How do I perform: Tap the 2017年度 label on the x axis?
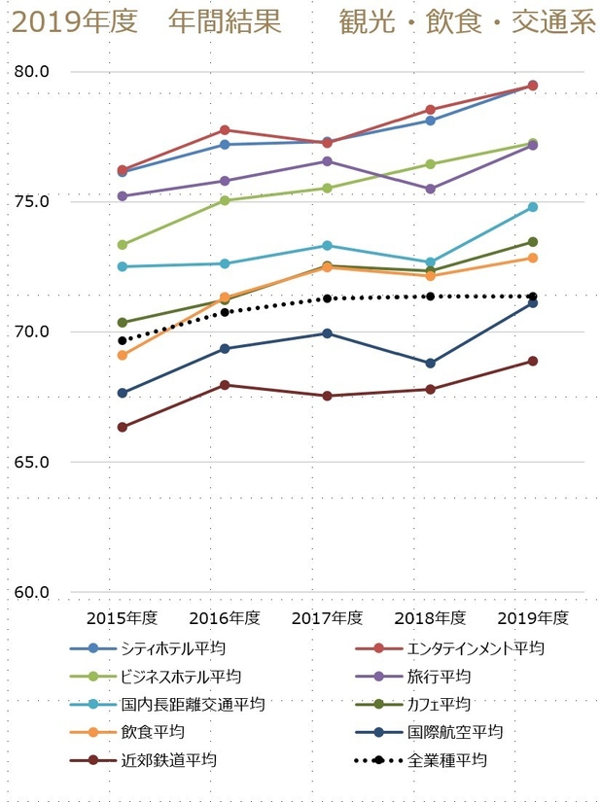[x=327, y=618]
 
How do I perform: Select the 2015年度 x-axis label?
[x=123, y=618]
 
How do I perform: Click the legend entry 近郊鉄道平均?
[x=156, y=760]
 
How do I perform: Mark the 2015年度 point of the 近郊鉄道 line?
[x=123, y=427]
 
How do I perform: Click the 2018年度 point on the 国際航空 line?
[x=430, y=363]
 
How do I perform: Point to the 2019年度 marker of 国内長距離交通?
[x=533, y=207]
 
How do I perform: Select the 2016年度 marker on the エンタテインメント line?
[x=225, y=129]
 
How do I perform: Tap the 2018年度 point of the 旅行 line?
[x=430, y=189]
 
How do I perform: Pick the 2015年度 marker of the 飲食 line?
[x=123, y=356]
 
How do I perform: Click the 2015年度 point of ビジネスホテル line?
[x=123, y=245]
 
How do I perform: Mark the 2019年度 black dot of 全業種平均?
[x=533, y=296]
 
